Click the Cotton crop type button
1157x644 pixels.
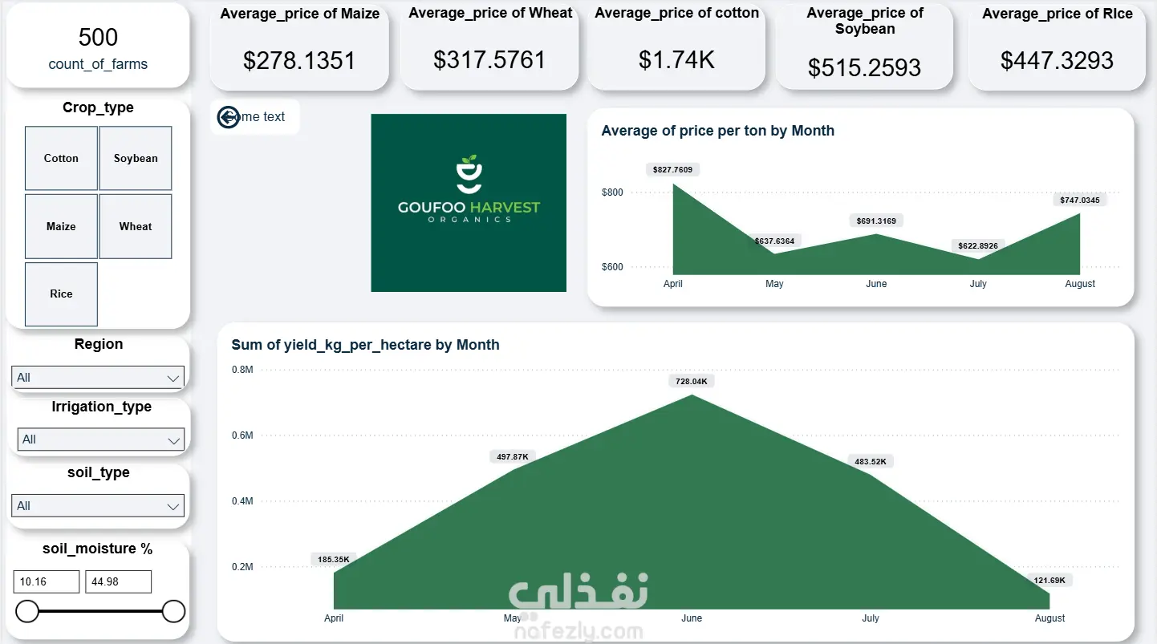[x=61, y=158]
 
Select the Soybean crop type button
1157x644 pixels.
[x=136, y=158]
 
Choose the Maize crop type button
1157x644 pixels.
[x=61, y=226]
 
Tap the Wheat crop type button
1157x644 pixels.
[x=136, y=226]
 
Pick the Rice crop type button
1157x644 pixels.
[x=61, y=294]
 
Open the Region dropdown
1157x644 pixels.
[x=98, y=378]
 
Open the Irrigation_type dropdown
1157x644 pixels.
[x=100, y=439]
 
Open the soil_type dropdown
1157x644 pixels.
[x=98, y=506]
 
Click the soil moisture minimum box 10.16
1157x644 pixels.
[x=47, y=581]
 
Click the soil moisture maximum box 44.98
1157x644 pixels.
[x=118, y=581]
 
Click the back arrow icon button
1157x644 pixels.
[x=229, y=117]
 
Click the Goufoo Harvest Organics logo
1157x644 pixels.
[x=469, y=203]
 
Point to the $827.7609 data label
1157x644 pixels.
[x=672, y=169]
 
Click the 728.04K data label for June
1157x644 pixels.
[x=692, y=381]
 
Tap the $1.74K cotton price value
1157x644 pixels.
[x=676, y=60]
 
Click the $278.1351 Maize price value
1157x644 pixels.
[x=299, y=60]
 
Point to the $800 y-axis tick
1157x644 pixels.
[x=612, y=192]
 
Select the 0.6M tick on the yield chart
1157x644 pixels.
[x=242, y=435]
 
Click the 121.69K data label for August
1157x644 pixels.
[x=1049, y=580]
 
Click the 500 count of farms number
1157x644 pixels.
[x=98, y=37]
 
